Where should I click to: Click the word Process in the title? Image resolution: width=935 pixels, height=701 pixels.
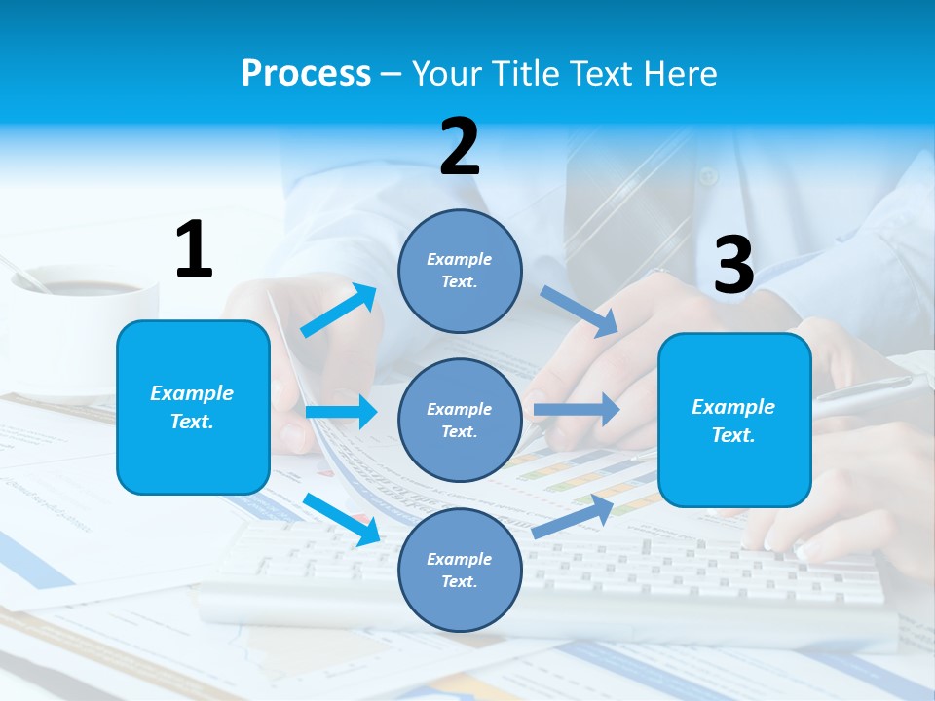[x=306, y=73]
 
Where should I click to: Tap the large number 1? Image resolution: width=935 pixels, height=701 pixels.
[x=194, y=249]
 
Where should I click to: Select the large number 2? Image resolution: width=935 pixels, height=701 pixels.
[x=460, y=147]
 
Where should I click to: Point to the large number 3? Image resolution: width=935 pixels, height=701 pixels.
[x=734, y=265]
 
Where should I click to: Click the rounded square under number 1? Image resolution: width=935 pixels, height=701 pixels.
[x=193, y=407]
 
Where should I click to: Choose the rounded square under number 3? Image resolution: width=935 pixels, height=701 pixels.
[x=734, y=420]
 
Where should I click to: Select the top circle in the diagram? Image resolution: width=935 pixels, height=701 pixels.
[x=460, y=271]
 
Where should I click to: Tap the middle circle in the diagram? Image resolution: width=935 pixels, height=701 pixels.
[x=460, y=420]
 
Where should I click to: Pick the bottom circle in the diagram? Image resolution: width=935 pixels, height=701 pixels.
[x=460, y=570]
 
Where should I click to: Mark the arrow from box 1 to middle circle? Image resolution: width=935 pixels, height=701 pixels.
[x=341, y=412]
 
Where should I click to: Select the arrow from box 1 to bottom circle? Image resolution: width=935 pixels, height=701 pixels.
[x=342, y=519]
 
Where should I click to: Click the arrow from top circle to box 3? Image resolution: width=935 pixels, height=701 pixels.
[x=579, y=312]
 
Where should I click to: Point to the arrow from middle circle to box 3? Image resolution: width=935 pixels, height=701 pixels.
[x=577, y=409]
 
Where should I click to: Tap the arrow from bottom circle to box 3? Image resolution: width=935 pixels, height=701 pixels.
[x=574, y=517]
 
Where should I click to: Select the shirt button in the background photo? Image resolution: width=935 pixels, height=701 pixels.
[x=708, y=176]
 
